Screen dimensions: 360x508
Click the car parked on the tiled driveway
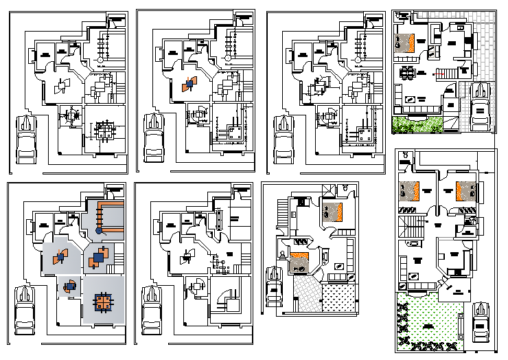point(481,104)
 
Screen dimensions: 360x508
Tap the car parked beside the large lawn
point(480,323)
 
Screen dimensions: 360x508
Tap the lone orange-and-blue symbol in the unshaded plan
point(187,85)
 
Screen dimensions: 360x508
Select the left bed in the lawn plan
point(411,190)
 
